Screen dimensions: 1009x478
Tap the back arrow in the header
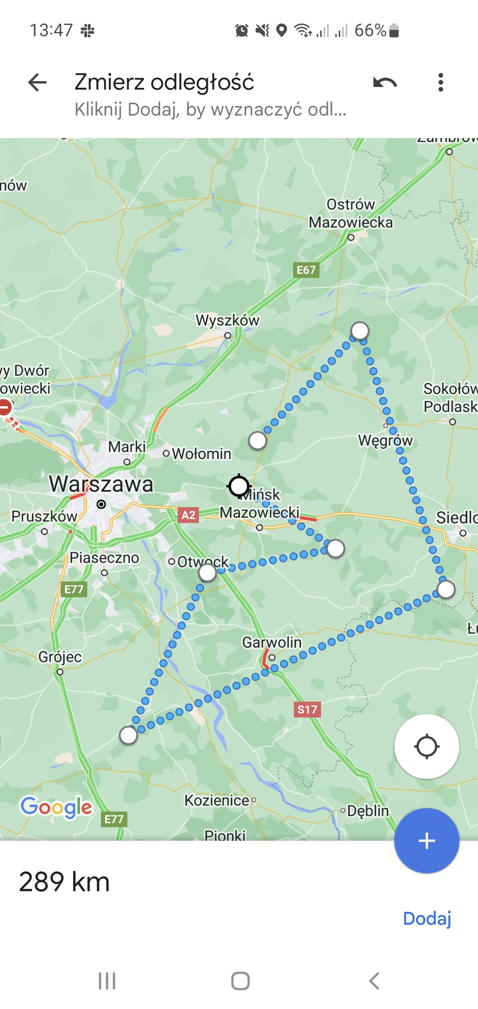coord(37,83)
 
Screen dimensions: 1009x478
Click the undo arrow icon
coord(385,83)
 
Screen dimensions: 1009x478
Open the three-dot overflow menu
coord(441,83)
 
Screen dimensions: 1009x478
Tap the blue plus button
coord(426,841)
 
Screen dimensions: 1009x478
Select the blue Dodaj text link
coord(427,919)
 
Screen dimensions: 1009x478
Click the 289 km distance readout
coord(64,882)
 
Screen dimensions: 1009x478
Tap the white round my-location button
coord(426,746)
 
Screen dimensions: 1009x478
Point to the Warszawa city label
coord(101,484)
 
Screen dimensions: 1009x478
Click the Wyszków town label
coord(227,321)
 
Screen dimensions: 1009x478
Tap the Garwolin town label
coord(272,642)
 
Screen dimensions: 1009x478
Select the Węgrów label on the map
coord(385,441)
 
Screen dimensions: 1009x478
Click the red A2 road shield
coord(189,515)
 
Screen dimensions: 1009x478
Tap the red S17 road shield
coord(307,710)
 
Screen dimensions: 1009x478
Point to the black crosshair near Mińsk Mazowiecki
coord(239,487)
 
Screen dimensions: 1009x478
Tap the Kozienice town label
coord(217,800)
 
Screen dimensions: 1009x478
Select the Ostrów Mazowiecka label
coord(351,214)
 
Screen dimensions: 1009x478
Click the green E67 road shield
coord(306,270)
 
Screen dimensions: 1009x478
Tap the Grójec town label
coord(60,657)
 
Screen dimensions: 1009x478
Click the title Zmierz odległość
coord(164,82)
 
